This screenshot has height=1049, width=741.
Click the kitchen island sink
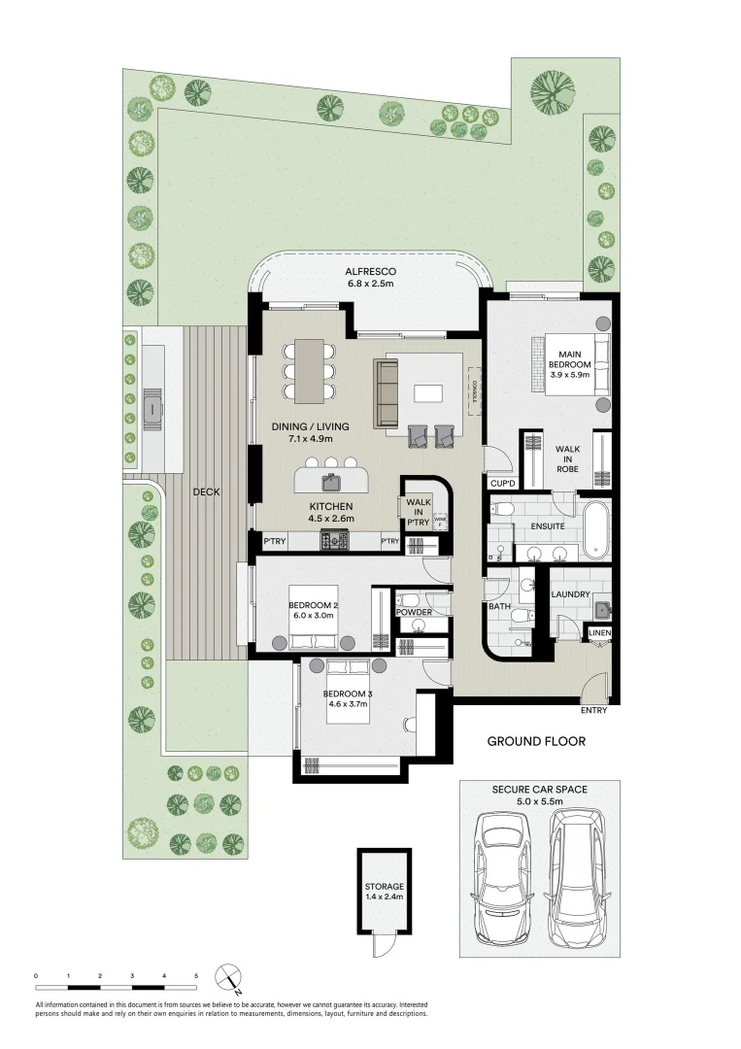tap(331, 480)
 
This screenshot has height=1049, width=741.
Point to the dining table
tap(310, 369)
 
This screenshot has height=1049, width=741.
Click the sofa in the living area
tap(387, 392)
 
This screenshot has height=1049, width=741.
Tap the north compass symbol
tap(228, 975)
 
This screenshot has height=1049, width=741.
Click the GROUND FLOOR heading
tap(536, 742)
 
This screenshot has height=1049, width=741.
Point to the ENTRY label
tap(593, 710)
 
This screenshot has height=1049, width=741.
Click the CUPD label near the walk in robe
tap(502, 482)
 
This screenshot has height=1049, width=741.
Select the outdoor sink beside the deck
tap(152, 408)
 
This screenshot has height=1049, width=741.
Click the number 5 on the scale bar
tap(196, 974)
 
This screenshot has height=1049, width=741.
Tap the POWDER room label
tap(412, 612)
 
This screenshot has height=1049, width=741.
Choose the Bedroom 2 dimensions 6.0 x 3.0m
tap(313, 616)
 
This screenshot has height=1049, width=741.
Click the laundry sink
tap(602, 610)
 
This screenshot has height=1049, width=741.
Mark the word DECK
tap(206, 491)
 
